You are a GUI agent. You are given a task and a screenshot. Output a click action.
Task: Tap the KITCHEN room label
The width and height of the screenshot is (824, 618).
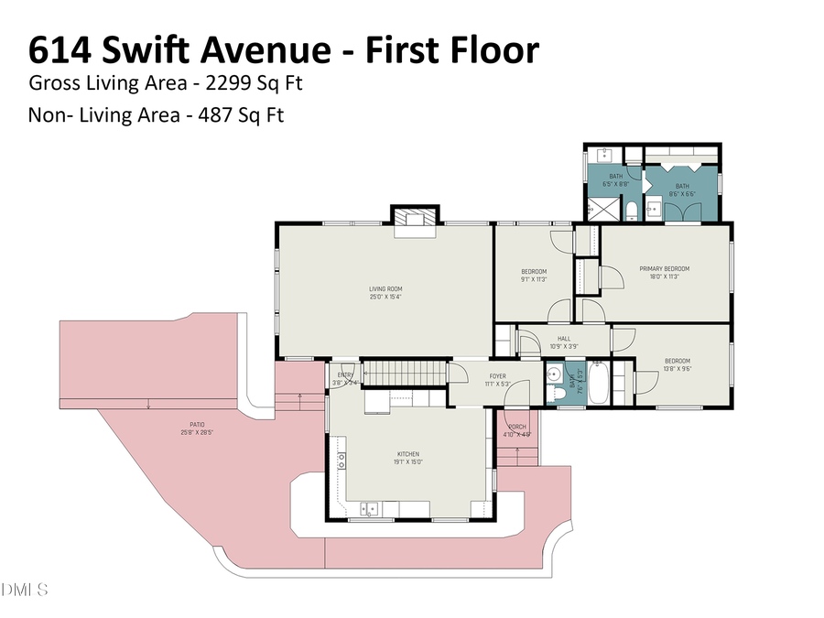pos(407,454)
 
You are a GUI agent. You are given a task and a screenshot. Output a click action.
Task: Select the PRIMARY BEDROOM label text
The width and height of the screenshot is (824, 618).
pos(664,268)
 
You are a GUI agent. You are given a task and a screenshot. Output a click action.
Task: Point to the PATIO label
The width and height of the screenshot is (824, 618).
pos(197,424)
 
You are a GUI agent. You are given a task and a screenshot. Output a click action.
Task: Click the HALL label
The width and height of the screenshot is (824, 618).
pos(564,339)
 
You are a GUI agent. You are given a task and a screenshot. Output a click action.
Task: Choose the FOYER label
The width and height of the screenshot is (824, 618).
pos(497,375)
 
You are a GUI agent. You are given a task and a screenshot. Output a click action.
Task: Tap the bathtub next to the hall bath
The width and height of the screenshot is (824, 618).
pos(598,385)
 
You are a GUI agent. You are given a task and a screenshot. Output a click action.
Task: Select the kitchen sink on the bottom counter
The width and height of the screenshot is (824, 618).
pos(369,508)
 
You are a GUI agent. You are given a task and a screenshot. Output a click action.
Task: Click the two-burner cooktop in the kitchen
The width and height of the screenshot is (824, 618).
pos(342,461)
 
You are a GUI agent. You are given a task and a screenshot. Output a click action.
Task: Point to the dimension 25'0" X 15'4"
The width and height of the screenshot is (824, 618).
pos(385,297)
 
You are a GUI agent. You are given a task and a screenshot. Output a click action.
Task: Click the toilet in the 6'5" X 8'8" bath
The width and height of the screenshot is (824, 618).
pos(633,213)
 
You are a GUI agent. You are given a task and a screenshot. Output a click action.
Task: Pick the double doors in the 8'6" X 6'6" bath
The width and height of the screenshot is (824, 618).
pos(683,211)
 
